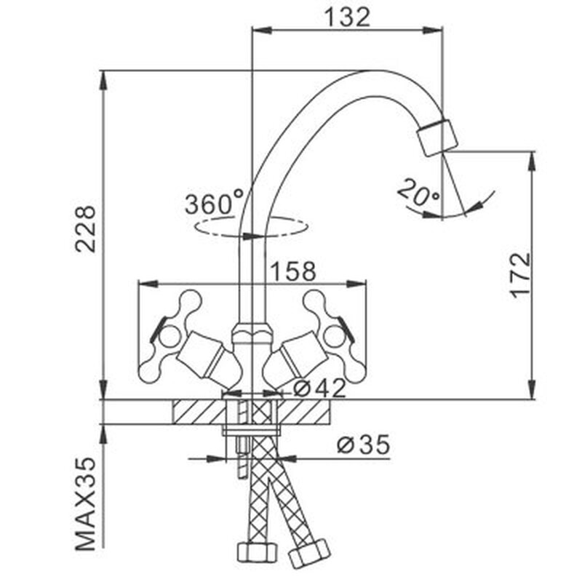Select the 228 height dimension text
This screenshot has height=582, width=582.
point(87,228)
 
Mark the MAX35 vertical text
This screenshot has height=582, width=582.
point(87,503)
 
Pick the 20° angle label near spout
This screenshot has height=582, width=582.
point(418,194)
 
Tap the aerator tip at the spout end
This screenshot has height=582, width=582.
point(438,137)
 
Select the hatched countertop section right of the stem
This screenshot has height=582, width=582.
point(306,412)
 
